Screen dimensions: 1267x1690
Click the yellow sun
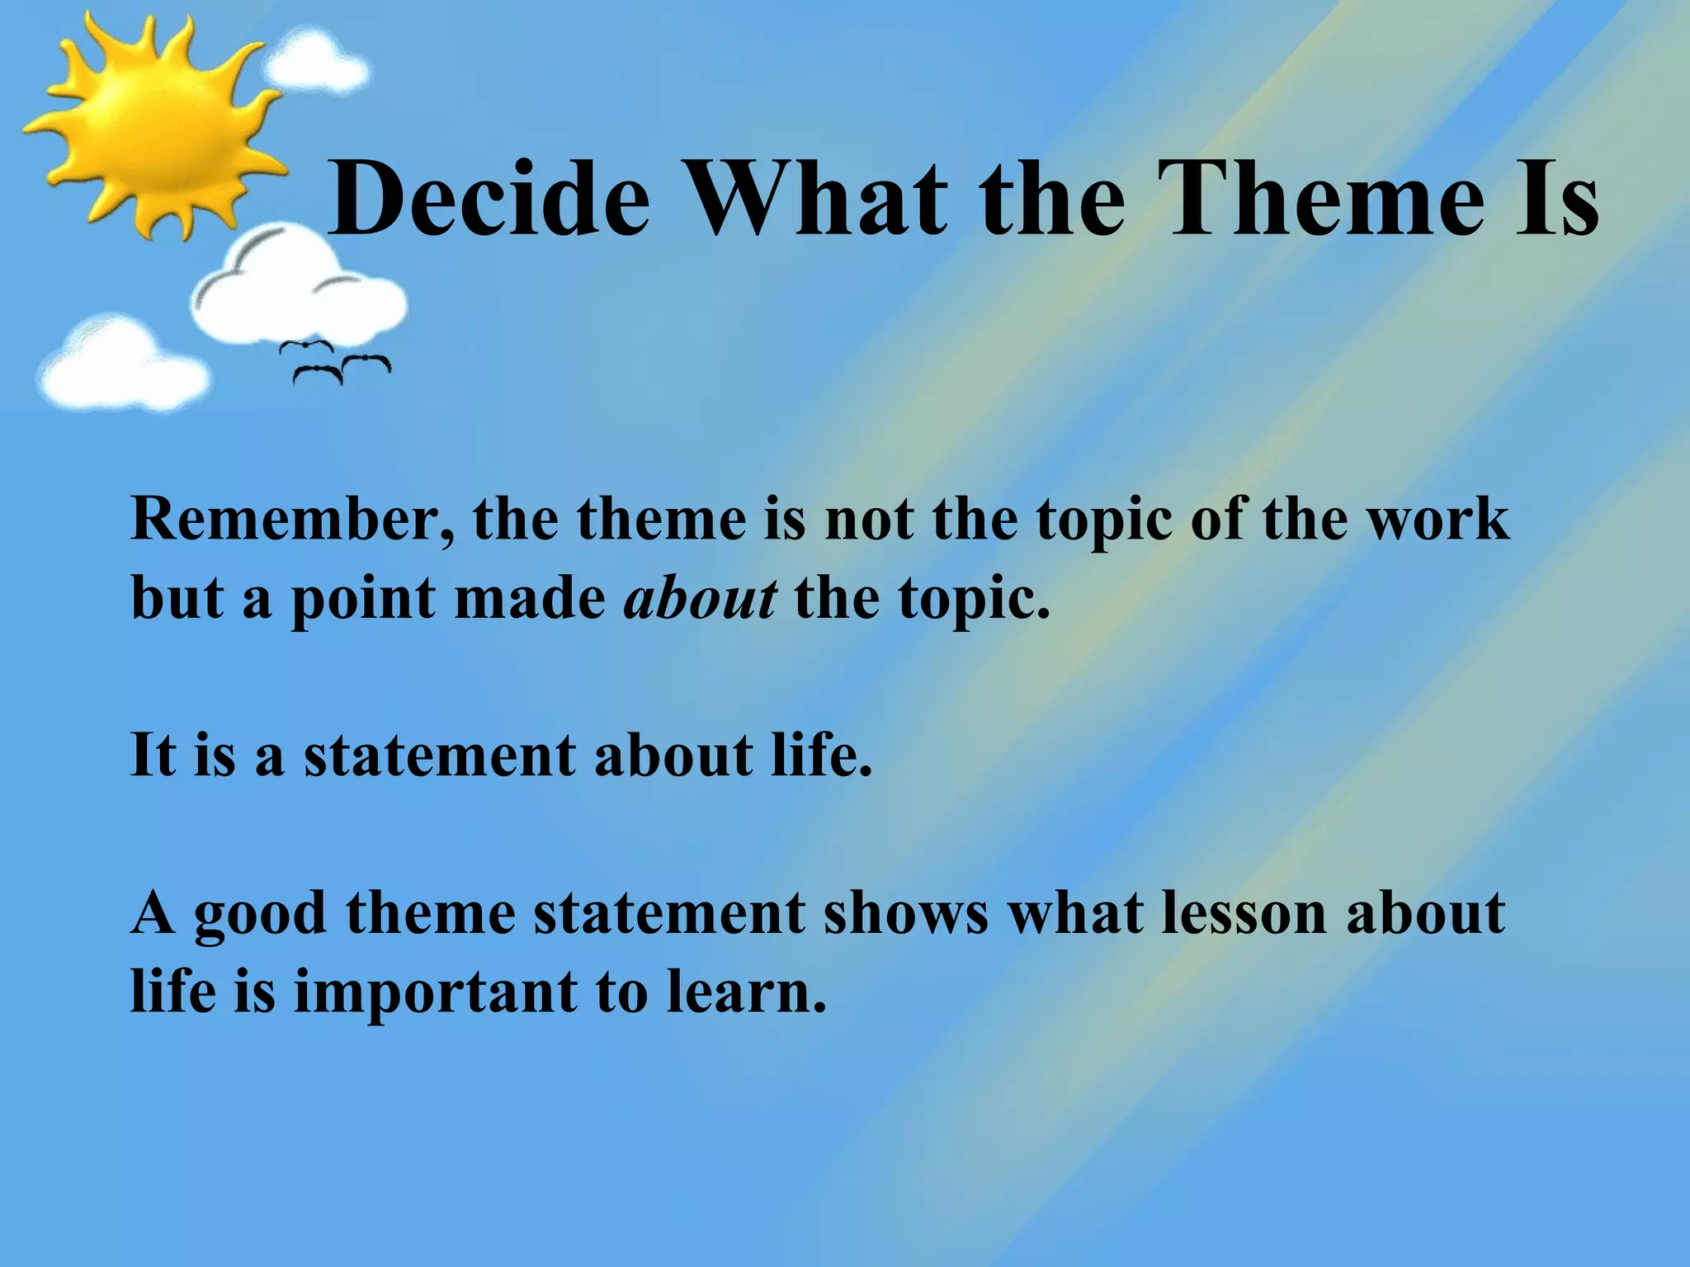tap(149, 124)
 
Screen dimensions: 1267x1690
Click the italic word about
tap(700, 598)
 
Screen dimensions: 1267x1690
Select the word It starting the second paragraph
tap(153, 755)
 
